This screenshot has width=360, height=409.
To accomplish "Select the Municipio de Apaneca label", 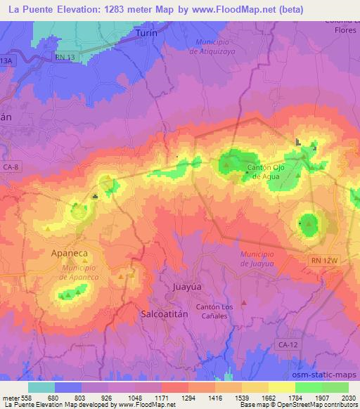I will coord(79,273).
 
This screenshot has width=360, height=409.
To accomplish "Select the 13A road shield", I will coord(6,61).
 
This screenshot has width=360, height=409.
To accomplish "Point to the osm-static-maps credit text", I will coord(330,374).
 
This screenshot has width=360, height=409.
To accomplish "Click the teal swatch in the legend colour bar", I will coord(41,387).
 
